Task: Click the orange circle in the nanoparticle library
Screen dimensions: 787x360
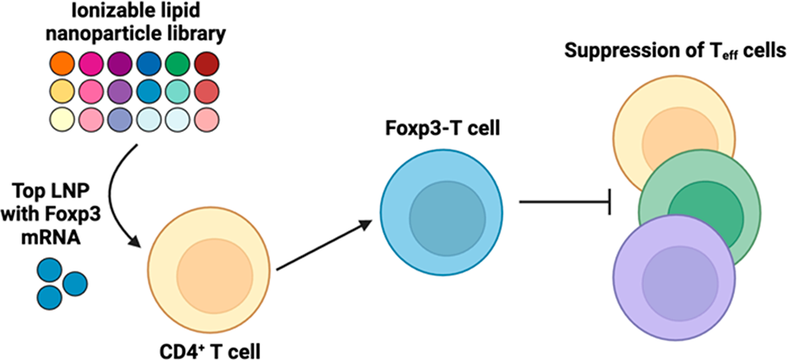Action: pyautogui.click(x=62, y=64)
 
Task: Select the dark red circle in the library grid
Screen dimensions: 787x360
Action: pyautogui.click(x=206, y=64)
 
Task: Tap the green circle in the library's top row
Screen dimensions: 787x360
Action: pyautogui.click(x=178, y=64)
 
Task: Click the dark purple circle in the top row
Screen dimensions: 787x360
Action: pyautogui.click(x=120, y=64)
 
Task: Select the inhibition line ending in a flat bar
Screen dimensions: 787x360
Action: pyautogui.click(x=565, y=202)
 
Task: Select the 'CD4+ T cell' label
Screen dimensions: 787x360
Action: pyautogui.click(x=210, y=348)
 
